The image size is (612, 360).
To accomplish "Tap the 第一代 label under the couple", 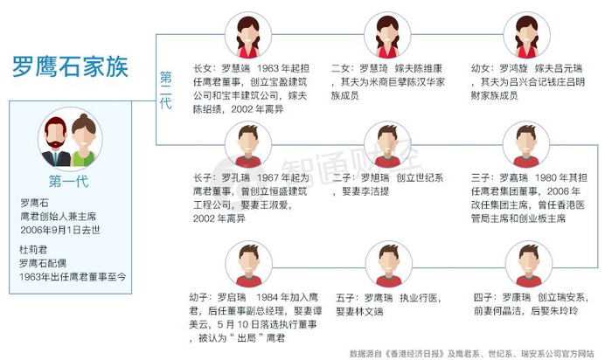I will click(69, 182).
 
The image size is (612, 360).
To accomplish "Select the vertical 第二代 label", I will click(165, 90).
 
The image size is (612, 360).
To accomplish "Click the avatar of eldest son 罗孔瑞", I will click(247, 145).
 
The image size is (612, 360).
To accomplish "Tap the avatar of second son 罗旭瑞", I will click(387, 145).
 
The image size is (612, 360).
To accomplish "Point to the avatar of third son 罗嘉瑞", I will click(526, 145).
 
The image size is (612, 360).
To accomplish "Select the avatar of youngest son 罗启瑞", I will click(247, 265).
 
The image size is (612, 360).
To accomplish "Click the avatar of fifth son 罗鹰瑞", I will click(387, 265).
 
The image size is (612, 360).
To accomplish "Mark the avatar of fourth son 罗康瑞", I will click(526, 265).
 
